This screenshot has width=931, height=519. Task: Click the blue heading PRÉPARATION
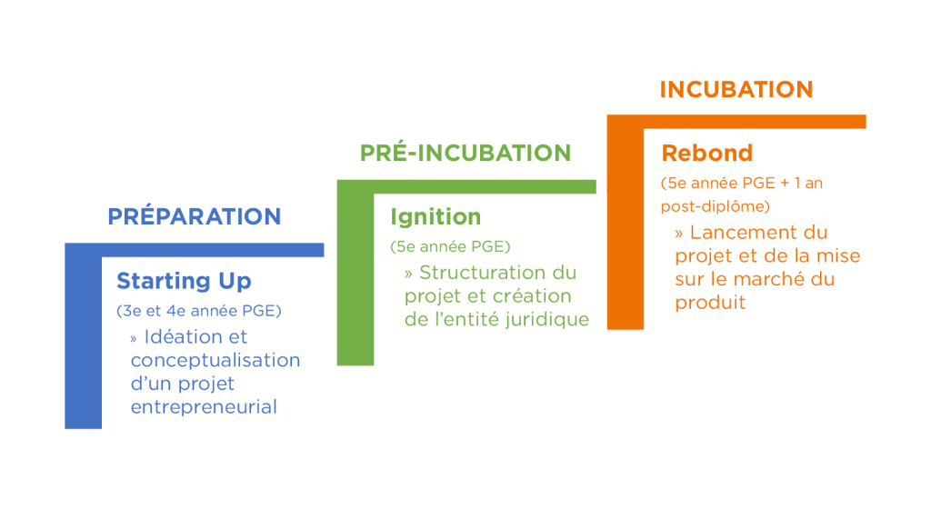[x=195, y=215]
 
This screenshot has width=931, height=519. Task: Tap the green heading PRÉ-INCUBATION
[x=465, y=153]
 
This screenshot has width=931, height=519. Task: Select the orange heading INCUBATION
[x=736, y=89]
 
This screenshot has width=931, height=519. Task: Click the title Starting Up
[x=184, y=281]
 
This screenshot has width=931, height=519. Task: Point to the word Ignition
[x=435, y=216]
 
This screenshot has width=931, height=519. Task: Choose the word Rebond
[x=706, y=153]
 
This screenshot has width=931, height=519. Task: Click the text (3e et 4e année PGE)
[x=199, y=311]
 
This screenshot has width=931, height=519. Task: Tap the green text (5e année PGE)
[x=450, y=246]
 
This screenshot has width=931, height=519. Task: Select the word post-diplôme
[x=716, y=206]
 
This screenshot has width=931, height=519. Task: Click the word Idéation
[x=185, y=336]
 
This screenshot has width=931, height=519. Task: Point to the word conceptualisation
[x=215, y=361]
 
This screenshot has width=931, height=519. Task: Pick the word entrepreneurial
[x=204, y=407]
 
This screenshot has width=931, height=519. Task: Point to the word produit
[x=710, y=303]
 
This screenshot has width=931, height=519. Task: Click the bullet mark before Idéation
[x=134, y=338]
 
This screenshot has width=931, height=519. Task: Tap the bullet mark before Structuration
[x=408, y=274]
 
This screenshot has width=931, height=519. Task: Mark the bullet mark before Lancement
[x=678, y=234]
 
